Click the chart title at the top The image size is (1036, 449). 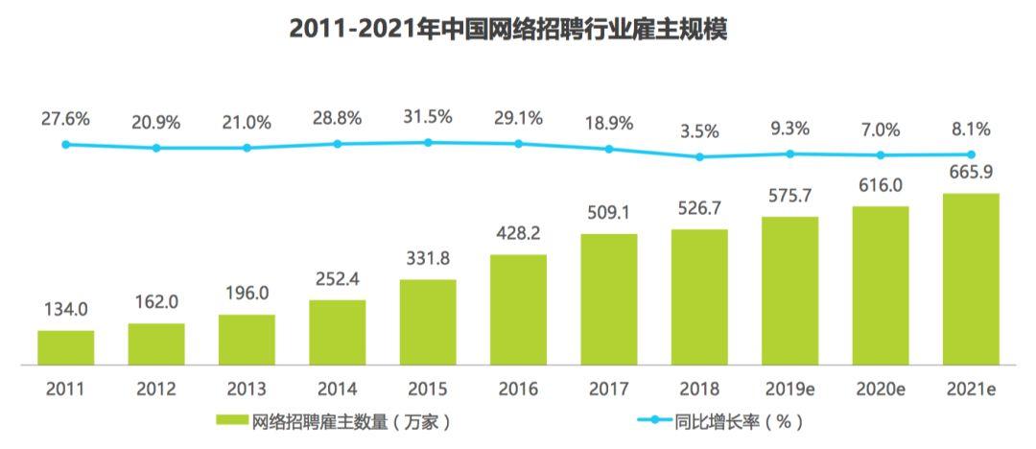tap(508, 29)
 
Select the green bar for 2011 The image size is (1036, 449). tap(65, 347)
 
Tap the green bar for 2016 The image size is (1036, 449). tap(519, 310)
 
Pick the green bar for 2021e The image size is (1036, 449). tap(971, 279)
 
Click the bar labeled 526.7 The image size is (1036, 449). tap(699, 296)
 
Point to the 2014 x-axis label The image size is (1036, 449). tap(338, 389)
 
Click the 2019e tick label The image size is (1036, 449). tap(790, 389)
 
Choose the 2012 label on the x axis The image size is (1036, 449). tap(156, 389)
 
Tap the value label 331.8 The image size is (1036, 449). tap(428, 258)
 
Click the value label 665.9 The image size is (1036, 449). tap(971, 172)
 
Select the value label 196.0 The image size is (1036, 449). tap(247, 293)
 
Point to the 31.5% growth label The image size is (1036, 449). tap(428, 117)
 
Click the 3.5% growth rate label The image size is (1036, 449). tap(699, 131)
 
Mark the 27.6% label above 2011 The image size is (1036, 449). tap(65, 120)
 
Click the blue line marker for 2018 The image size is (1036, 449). tap(699, 156)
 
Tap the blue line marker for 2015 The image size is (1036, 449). tap(428, 142)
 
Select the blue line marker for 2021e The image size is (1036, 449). tap(971, 154)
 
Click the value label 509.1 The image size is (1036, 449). tap(609, 214)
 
